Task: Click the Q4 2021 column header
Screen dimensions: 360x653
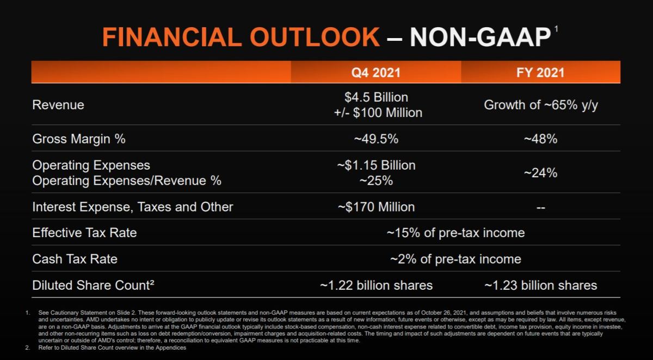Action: [376, 72]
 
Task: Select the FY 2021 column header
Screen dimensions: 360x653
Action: [540, 72]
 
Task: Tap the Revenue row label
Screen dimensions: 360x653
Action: [58, 105]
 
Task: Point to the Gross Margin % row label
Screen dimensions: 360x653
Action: [79, 139]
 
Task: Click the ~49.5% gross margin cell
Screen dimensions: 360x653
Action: [376, 139]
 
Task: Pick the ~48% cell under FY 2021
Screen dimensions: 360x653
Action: [540, 139]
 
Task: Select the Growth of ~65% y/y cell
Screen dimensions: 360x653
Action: [541, 105]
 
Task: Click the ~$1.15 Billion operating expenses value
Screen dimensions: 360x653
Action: [376, 165]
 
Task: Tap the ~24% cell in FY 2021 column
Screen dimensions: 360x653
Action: [540, 173]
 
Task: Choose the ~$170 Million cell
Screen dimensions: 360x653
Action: [376, 207]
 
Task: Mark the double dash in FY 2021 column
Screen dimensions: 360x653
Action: [540, 207]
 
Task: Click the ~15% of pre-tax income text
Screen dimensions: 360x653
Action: [455, 233]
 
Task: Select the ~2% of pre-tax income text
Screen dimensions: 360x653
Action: [455, 259]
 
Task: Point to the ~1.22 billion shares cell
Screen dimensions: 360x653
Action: [376, 285]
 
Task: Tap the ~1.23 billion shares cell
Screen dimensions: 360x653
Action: [540, 285]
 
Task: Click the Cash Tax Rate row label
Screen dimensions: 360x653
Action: [75, 259]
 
